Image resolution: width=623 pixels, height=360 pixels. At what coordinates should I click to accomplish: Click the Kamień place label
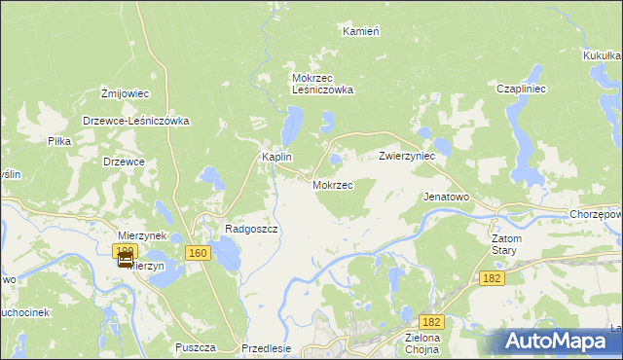pos(360,31)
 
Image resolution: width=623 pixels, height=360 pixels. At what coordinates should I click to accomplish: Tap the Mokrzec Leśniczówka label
pos(322,84)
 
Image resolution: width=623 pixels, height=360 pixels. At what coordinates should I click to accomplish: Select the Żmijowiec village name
pos(125,93)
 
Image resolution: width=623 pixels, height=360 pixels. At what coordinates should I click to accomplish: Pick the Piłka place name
pos(59,141)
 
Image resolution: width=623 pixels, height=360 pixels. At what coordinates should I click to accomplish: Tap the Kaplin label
pos(277,157)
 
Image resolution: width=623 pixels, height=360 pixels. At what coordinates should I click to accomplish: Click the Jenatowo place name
pos(446,196)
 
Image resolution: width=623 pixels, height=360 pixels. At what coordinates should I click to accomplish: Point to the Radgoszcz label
pos(252,229)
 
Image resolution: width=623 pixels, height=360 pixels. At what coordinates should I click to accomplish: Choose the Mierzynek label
pos(142,235)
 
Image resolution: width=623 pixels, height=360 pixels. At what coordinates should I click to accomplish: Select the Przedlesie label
pos(266,347)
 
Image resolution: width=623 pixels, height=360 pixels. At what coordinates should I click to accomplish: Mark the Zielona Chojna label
pos(422,345)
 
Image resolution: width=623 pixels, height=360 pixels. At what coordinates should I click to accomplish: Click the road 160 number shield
pos(198,253)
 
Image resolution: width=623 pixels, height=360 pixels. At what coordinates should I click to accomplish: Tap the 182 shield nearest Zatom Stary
pos(493,278)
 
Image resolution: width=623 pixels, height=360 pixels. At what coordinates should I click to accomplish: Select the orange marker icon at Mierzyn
pos(126,259)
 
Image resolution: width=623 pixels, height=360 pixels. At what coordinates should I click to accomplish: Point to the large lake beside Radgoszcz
pos(226,256)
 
